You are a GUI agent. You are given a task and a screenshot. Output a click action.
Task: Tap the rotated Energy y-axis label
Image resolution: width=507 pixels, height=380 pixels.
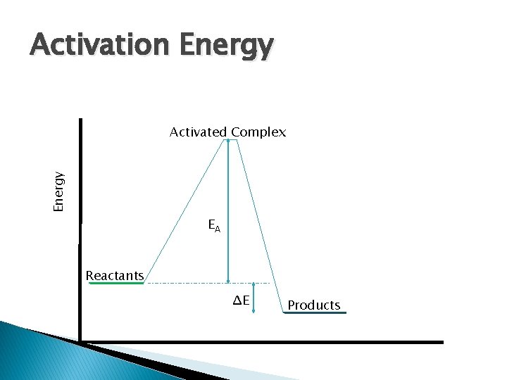60,191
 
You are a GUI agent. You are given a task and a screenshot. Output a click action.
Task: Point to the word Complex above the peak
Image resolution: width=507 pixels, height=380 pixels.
258,132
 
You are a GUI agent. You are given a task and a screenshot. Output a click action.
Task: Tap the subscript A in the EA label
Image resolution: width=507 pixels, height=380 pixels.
218,228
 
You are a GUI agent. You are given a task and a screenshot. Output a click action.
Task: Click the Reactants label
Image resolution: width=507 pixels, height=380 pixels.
114,275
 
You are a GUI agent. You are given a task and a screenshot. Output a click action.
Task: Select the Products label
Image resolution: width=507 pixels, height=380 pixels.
314,305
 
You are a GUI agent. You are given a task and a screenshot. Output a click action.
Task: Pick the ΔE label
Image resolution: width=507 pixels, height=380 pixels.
242,301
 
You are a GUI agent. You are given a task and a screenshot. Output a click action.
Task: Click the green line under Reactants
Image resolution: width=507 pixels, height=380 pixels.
116,283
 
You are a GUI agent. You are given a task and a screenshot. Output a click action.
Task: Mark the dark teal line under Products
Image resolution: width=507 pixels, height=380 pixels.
315,313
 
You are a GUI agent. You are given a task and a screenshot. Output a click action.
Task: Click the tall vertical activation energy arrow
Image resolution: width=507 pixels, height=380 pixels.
228,211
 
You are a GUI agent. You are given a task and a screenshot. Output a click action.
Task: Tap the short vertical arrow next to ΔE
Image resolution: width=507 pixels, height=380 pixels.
255,298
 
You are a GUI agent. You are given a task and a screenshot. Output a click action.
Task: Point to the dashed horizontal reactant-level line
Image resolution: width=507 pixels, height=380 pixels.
197,283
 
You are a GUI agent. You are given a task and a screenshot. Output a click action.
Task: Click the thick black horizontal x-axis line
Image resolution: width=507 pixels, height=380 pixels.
282,342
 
